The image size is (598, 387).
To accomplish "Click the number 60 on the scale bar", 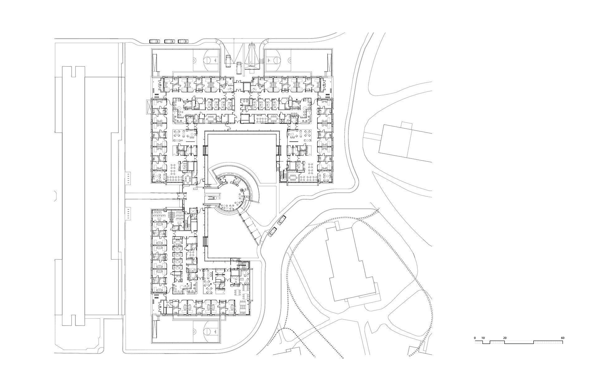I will point(562,338).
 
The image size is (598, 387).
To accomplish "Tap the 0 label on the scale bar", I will point(475,338).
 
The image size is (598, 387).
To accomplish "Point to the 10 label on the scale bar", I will point(483,338).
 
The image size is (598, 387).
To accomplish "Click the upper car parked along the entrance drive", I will point(282,220).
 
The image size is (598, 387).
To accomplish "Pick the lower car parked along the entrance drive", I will point(273,232).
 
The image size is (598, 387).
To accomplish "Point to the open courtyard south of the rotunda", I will point(224,237).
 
